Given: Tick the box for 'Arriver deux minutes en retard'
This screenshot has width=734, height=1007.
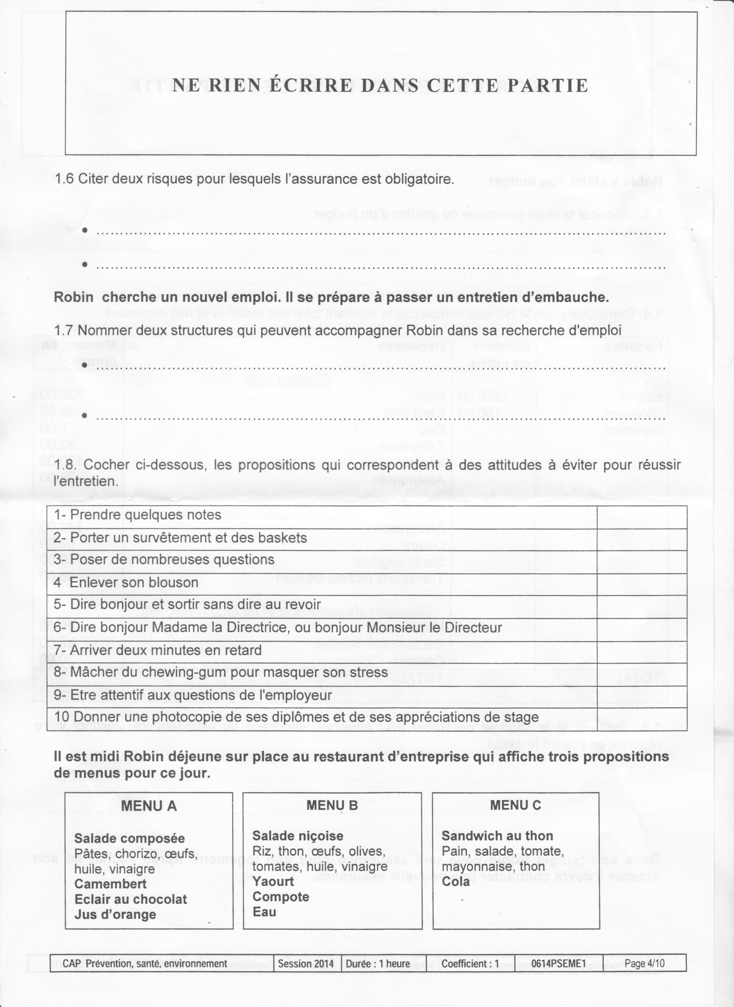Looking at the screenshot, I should pos(642,652).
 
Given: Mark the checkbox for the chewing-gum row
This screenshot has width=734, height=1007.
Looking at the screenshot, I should pos(642,674).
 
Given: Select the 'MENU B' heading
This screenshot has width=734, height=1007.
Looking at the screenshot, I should pos(332,805).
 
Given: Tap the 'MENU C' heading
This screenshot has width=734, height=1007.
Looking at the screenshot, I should pos(516,805).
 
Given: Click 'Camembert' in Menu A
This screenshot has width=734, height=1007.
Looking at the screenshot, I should pos(110,884).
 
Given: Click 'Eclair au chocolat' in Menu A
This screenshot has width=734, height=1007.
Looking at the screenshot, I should pos(131,899).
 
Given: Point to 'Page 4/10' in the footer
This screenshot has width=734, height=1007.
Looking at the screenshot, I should pos(644,960).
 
